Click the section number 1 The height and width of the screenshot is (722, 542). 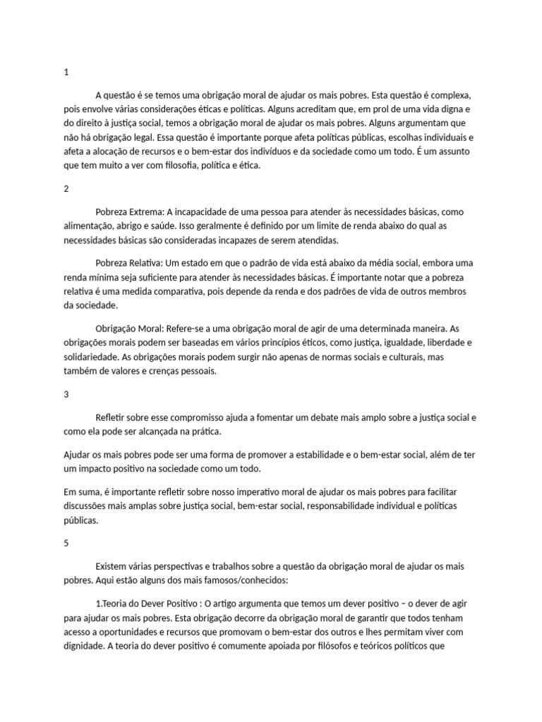click(66, 73)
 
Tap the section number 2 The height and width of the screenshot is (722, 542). click(66, 189)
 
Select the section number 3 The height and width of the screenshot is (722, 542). click(66, 395)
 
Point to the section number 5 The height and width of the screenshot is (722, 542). click(66, 544)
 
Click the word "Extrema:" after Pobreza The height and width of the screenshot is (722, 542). click(146, 212)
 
